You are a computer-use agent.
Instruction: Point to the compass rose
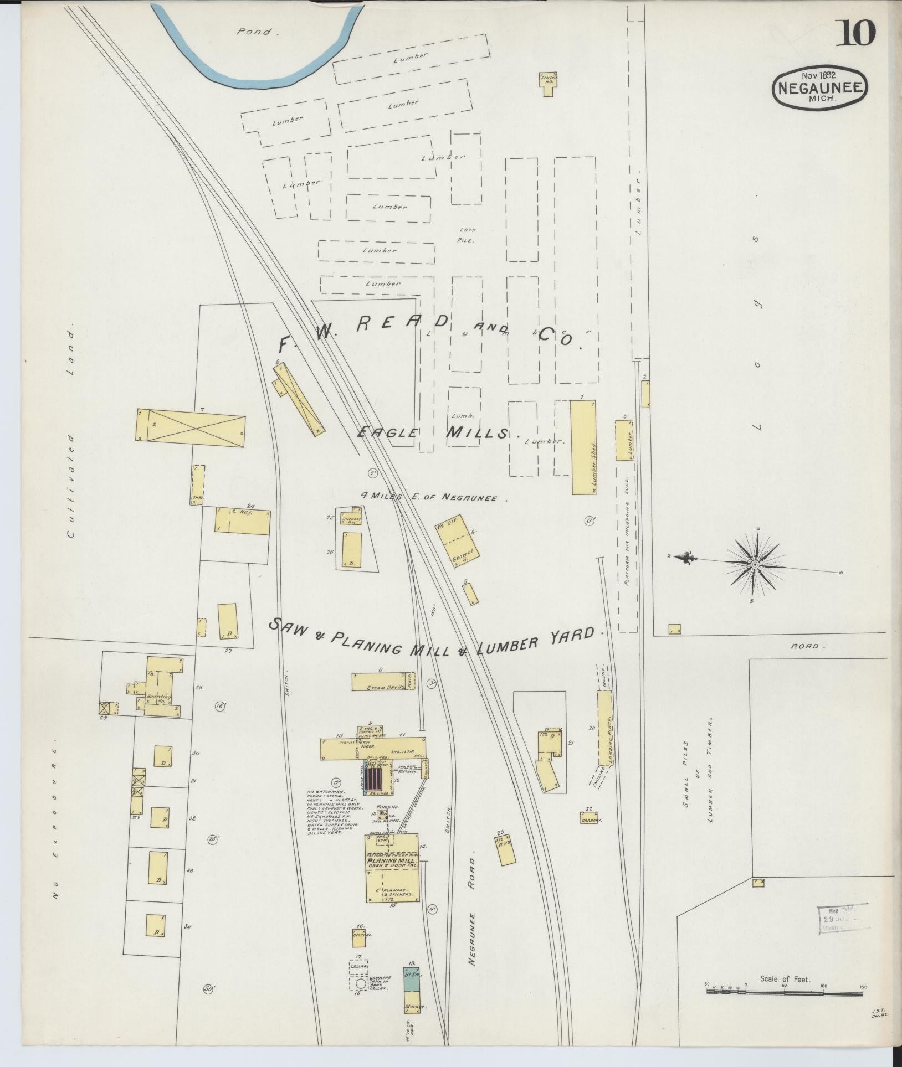click(x=755, y=564)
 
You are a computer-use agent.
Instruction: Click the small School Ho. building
click(x=547, y=84)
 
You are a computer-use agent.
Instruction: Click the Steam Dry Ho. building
click(x=384, y=682)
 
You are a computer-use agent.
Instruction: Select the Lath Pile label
click(x=467, y=235)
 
